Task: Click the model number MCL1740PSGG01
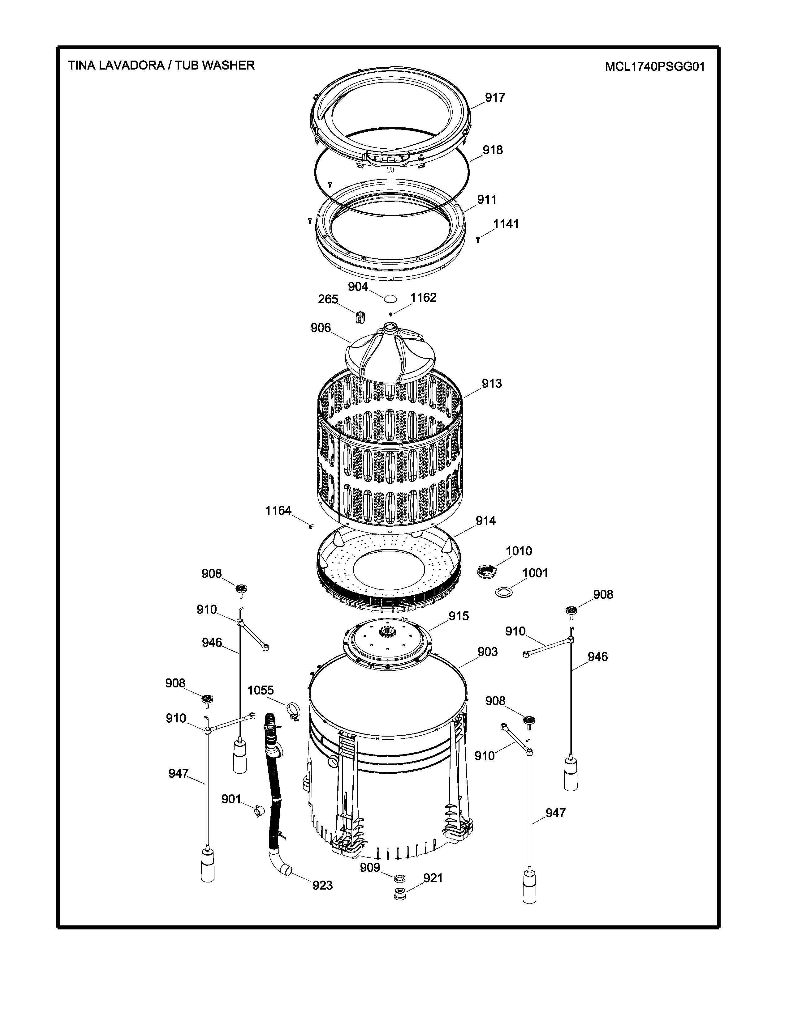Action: coord(654,67)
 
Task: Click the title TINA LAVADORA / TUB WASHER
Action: coord(161,66)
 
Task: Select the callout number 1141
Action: coord(506,224)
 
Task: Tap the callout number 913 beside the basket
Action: coord(492,384)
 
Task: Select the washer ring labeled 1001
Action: coord(504,592)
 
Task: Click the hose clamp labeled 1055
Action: coord(293,710)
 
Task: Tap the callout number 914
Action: coord(485,521)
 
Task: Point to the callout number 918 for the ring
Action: coord(493,150)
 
